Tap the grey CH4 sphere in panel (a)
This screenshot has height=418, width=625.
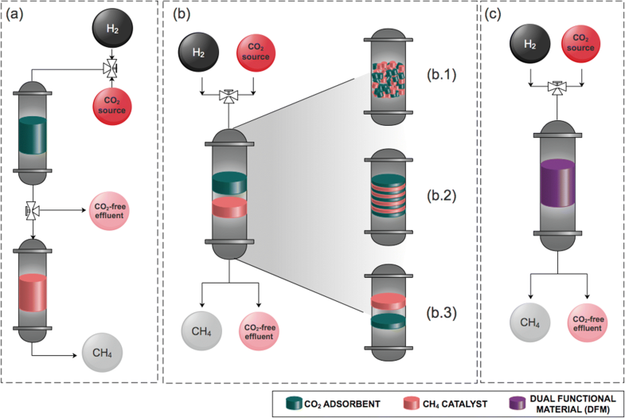click(104, 353)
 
